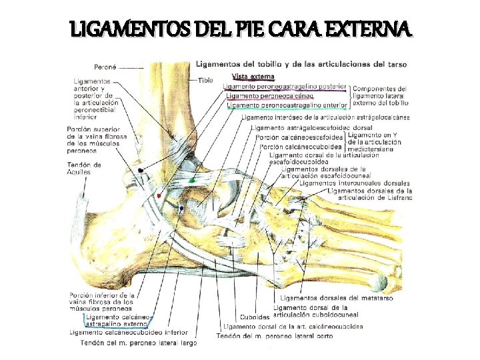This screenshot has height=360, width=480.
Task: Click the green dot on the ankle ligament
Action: coord(192,180)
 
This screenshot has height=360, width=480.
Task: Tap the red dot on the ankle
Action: coord(160,195)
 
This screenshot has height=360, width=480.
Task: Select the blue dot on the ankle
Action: coord(181,208)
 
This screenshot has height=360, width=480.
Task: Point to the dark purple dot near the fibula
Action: coord(141,171)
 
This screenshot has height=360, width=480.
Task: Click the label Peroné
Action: coord(105,67)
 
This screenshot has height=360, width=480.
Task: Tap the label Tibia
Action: coord(206,80)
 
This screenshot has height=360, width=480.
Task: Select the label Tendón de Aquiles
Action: coord(85,168)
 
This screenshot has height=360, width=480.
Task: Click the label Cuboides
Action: coord(255,317)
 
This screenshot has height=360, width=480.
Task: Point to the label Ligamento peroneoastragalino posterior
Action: coord(285,86)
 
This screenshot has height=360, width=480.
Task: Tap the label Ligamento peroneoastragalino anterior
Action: coord(287,105)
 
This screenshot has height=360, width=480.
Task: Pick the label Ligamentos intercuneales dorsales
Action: coord(355,183)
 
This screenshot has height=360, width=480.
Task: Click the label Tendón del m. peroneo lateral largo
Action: coord(138,343)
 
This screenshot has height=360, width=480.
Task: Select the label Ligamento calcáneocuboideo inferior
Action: coord(129,333)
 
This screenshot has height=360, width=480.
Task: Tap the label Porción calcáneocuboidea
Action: coord(301,147)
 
